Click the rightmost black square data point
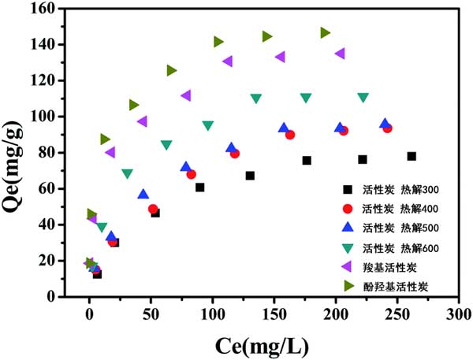(412, 156)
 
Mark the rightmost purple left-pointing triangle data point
(340, 54)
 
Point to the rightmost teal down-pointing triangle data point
(363, 98)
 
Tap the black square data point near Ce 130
(250, 176)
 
